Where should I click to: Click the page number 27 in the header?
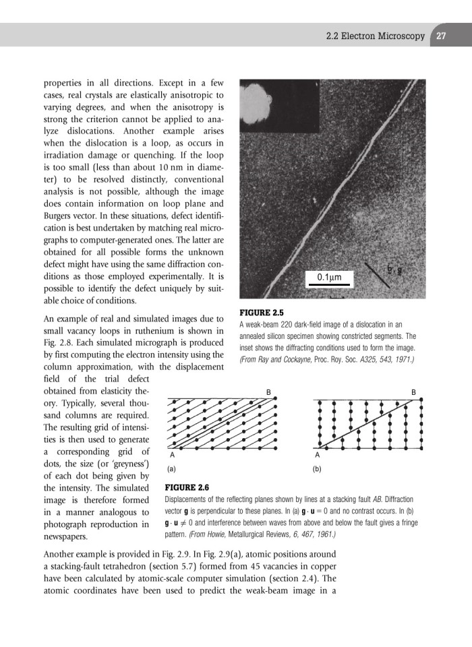(442, 36)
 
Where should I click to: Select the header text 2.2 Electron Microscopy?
(374, 36)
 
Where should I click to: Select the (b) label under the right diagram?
(318, 465)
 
